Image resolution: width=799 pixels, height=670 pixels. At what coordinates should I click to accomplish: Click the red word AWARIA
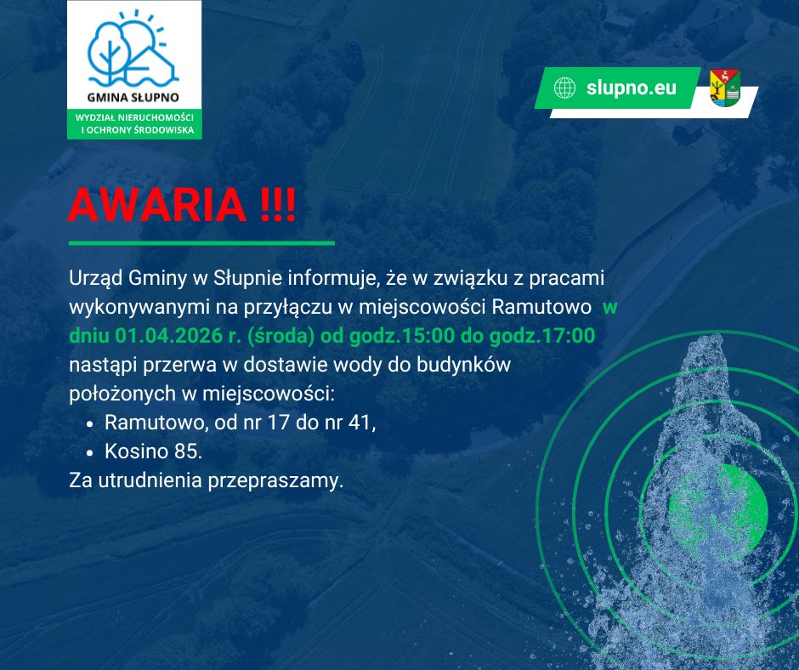coord(157,205)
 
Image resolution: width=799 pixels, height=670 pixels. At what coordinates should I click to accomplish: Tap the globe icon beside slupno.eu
coord(564,88)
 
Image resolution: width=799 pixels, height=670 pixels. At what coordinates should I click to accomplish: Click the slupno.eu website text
coord(632,88)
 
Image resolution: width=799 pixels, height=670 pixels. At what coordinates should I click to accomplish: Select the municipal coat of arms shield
coord(725,88)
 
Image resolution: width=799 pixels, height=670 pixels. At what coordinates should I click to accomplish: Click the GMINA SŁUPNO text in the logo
coord(133,97)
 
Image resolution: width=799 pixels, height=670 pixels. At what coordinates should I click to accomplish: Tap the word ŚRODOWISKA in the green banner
coord(165,130)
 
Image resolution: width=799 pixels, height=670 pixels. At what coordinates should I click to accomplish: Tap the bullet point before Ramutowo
coord(90,423)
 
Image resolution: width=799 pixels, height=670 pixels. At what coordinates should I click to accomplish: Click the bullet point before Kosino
coord(90,452)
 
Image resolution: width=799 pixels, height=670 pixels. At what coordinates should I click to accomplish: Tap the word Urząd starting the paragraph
coord(96,278)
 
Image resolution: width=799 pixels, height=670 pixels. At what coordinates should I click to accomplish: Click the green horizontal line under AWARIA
coord(201,243)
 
